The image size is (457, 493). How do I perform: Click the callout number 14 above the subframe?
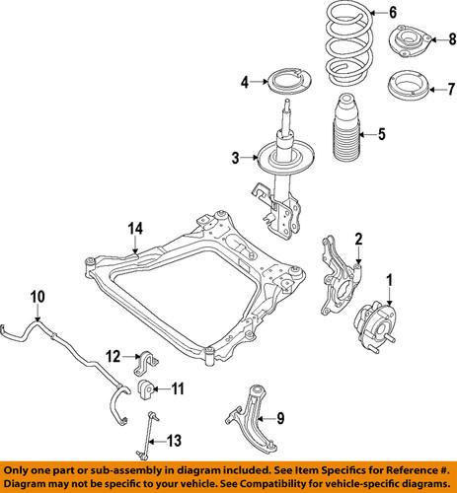pos(135,229)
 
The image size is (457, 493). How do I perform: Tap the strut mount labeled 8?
pos(411,41)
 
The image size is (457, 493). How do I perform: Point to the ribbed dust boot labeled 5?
pos(346,129)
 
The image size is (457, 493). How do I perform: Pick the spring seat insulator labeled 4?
pos(288,82)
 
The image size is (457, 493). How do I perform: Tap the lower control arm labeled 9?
pos(254,418)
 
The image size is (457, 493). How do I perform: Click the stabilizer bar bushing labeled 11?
pos(145,389)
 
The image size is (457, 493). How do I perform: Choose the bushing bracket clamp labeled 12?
pos(145,363)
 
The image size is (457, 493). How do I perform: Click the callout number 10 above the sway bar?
pos(38,297)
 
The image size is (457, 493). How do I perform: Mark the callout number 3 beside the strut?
pos(236,158)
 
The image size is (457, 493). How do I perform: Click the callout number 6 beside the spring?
pos(393,13)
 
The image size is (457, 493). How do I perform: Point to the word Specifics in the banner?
pos(330,470)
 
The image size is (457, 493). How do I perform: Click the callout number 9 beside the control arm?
pos(280,418)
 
